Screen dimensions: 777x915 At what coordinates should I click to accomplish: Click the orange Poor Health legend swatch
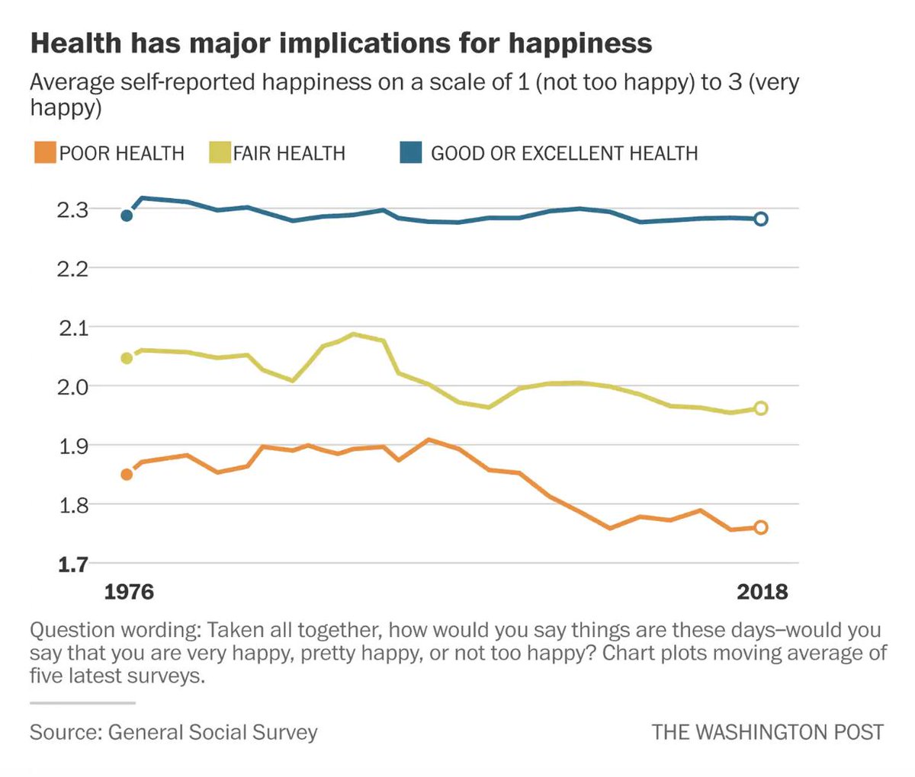point(44,152)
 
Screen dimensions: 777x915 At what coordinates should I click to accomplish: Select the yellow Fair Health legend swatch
point(220,152)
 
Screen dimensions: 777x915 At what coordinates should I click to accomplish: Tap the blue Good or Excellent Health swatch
point(411,152)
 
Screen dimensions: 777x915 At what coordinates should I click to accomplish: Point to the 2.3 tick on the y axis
point(72,209)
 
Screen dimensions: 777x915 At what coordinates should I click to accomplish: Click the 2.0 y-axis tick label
point(72,386)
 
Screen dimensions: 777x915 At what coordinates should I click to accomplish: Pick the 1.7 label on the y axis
point(72,564)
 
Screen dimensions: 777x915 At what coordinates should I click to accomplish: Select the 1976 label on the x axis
point(129,592)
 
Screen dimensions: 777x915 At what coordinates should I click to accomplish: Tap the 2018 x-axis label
point(762,592)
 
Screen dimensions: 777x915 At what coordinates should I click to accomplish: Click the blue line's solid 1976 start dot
point(127,216)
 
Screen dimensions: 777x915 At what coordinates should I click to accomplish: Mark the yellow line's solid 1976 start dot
point(127,358)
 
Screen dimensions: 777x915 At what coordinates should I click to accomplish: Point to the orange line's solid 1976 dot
point(127,475)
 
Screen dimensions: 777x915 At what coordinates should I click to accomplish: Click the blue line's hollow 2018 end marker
point(760,219)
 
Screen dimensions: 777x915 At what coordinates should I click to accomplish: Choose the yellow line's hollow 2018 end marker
point(760,408)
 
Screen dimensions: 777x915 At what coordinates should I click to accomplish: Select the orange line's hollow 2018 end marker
point(760,527)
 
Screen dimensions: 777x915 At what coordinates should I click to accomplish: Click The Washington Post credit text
point(767,732)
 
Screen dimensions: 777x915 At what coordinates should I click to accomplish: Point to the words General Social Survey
point(213,732)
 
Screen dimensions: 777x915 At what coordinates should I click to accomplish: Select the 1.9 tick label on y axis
point(72,446)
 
